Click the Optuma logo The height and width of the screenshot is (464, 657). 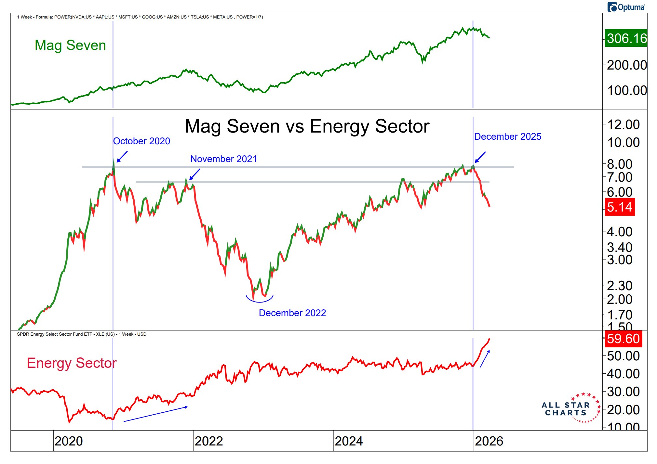coord(626,7)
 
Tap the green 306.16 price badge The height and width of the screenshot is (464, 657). coord(626,38)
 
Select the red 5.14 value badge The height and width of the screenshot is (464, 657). coord(620,207)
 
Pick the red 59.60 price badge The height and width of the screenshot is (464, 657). coord(623,339)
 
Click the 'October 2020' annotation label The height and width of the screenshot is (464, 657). coord(141,141)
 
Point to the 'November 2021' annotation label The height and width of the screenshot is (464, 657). coord(223,159)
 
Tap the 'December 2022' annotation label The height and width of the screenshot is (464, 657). coord(292,313)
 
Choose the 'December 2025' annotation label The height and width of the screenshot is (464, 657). coord(507,136)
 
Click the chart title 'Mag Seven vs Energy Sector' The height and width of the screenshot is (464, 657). coord(307,126)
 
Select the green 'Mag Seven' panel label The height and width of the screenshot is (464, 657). coord(70,45)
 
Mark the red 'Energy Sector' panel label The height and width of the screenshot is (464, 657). coord(72,363)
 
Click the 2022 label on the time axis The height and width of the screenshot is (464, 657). coord(209,441)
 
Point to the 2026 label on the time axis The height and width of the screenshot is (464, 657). coord(489,441)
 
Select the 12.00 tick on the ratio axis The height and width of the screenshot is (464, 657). coord(623,124)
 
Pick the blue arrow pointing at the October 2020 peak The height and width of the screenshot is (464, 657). coord(122,157)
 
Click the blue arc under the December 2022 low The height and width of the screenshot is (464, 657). coord(259,299)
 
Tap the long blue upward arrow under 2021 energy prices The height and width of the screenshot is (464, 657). coord(155,414)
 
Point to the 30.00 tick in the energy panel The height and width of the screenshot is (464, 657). coord(623,392)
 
